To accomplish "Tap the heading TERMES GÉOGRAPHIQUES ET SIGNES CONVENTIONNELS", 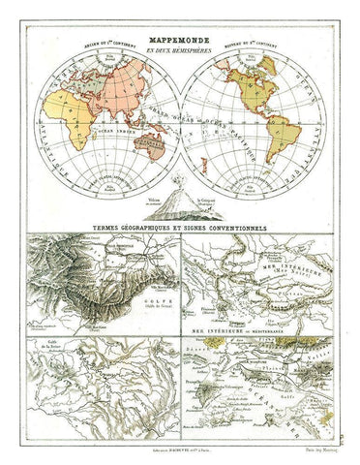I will pyautogui.click(x=180, y=229).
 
